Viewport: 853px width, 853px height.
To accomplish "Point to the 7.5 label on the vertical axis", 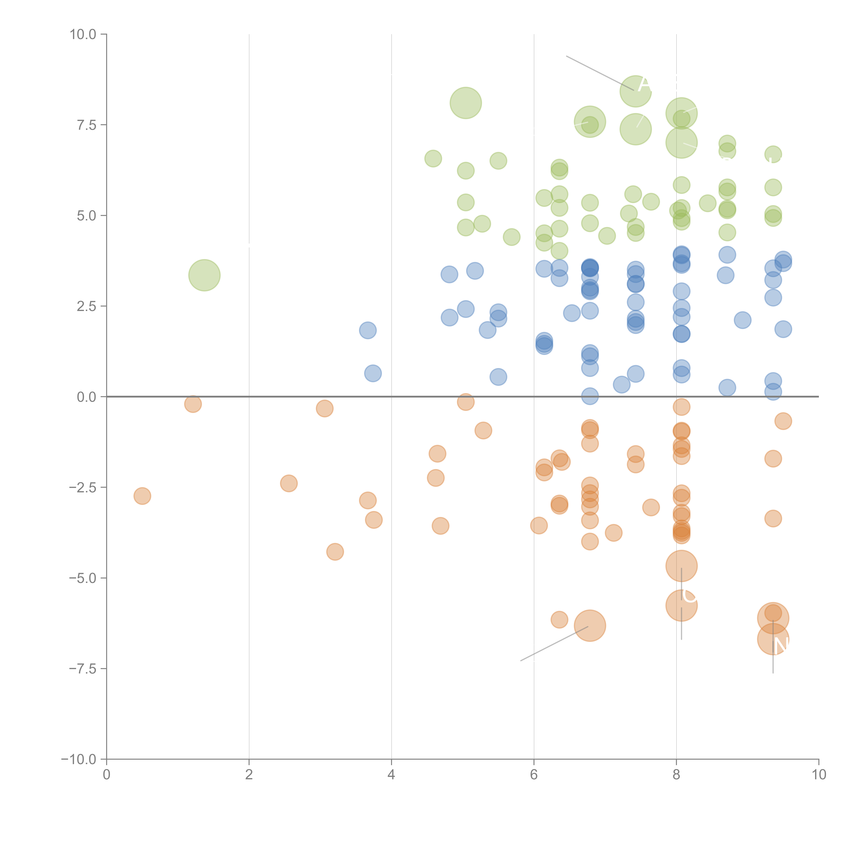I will [x=86, y=125].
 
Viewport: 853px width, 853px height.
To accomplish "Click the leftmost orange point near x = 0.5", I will [x=142, y=496].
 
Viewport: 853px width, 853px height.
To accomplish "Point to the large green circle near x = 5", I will [x=466, y=103].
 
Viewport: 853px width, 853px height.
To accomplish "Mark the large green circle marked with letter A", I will [x=635, y=91].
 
